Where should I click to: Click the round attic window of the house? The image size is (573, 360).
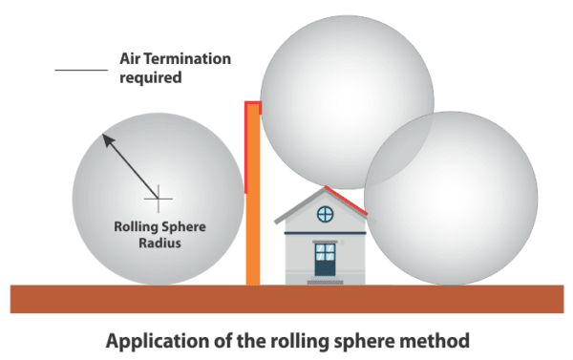pyautogui.click(x=326, y=213)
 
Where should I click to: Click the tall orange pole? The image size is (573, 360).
pyautogui.click(x=253, y=201)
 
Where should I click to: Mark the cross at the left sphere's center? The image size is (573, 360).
pyautogui.click(x=159, y=199)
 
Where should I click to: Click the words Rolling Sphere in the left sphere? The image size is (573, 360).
pyautogui.click(x=158, y=226)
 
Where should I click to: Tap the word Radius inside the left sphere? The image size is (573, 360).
pyautogui.click(x=158, y=243)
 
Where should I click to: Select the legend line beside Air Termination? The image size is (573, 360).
pyautogui.click(x=81, y=69)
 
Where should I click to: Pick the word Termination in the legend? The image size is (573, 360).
pyautogui.click(x=188, y=59)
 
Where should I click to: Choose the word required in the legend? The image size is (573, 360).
pyautogui.click(x=151, y=78)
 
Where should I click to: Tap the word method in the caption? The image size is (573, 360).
pyautogui.click(x=440, y=340)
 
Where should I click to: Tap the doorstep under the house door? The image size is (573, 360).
pyautogui.click(x=326, y=282)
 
